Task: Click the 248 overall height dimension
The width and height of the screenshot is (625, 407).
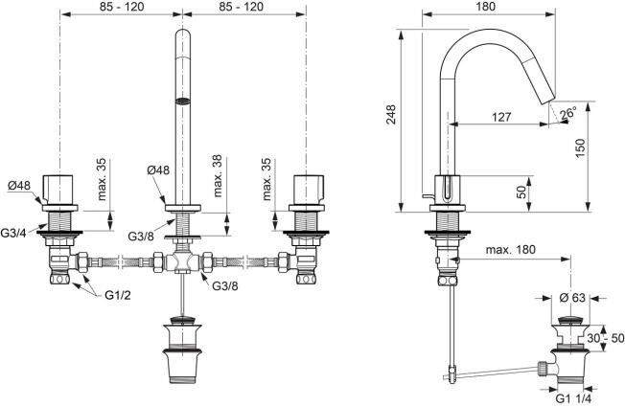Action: [x=391, y=114]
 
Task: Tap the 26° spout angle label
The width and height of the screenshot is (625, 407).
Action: [x=568, y=113]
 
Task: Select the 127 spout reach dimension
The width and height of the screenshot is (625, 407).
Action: [x=501, y=117]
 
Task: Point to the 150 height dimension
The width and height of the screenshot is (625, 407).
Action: [x=580, y=147]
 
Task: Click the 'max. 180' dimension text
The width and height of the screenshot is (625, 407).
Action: [x=511, y=250]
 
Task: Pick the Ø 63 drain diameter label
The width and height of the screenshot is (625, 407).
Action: [x=572, y=298]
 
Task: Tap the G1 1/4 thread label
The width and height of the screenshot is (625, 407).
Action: [x=574, y=398]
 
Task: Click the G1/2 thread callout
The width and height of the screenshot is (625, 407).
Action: [x=118, y=295]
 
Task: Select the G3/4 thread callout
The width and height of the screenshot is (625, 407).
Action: [x=13, y=233]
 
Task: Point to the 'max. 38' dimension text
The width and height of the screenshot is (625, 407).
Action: [x=218, y=176]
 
